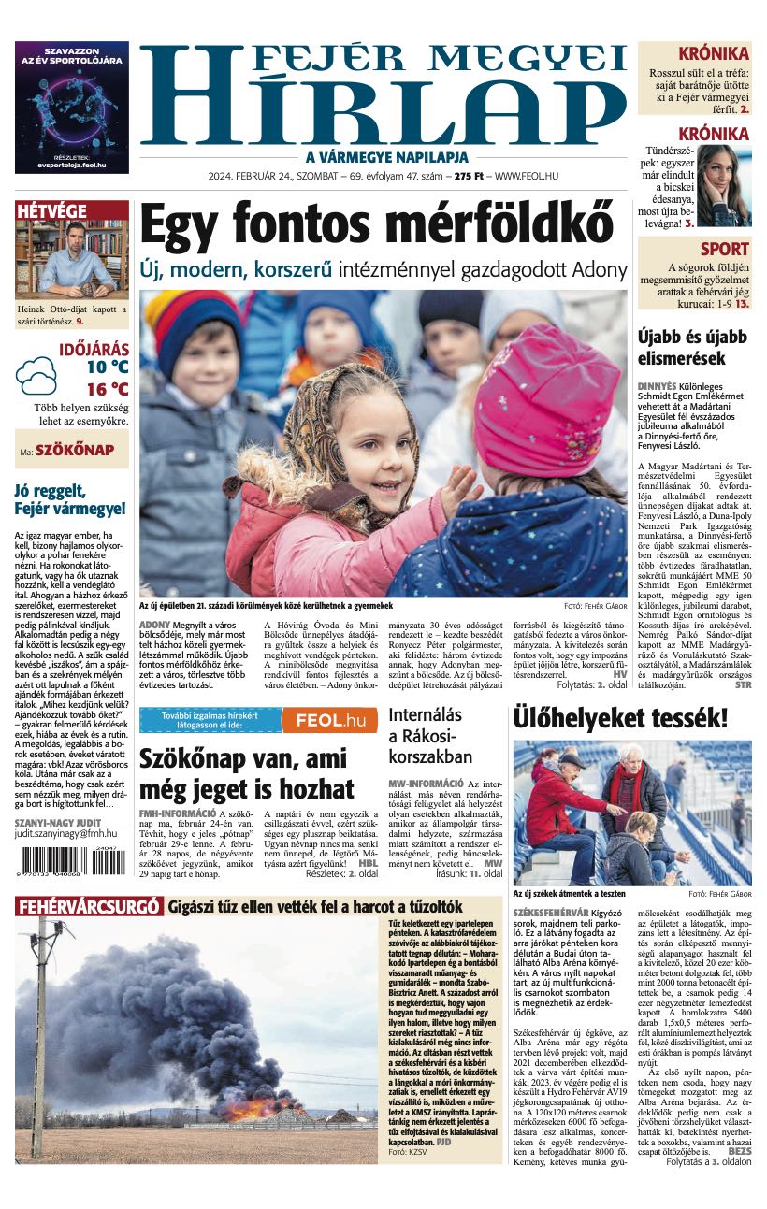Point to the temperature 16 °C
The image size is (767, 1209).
[107, 389]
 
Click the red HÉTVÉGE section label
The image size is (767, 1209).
[52, 211]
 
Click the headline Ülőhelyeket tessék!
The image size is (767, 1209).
[619, 718]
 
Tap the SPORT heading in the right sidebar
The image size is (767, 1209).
[724, 249]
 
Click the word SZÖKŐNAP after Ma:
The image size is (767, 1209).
[75, 451]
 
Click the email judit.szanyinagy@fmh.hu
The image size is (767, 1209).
[65, 833]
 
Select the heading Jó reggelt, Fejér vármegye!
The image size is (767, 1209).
[70, 499]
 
